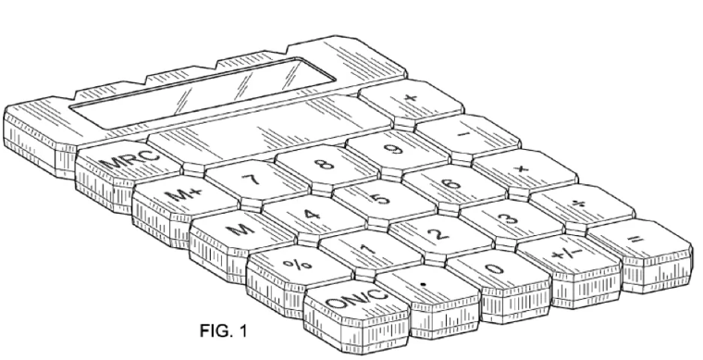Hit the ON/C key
353,299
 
